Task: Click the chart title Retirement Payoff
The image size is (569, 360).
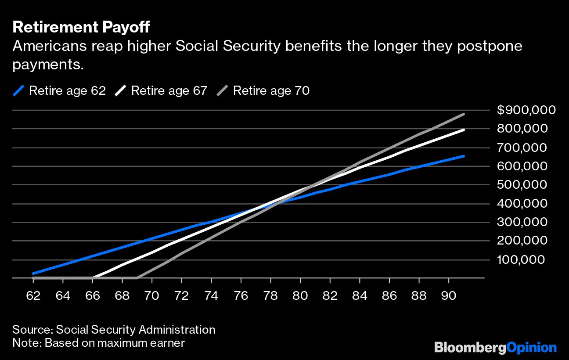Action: coord(81,27)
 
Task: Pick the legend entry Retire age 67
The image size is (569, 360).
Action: coord(161,91)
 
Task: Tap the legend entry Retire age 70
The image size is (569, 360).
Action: coord(263,91)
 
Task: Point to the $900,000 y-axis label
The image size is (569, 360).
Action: coord(526,110)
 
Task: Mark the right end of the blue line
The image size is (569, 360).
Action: coord(464,156)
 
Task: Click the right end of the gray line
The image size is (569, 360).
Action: coord(464,114)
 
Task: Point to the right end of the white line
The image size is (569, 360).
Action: coord(464,130)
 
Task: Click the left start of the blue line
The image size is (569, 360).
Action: coord(33,274)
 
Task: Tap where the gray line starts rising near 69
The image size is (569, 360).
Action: coord(137,278)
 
